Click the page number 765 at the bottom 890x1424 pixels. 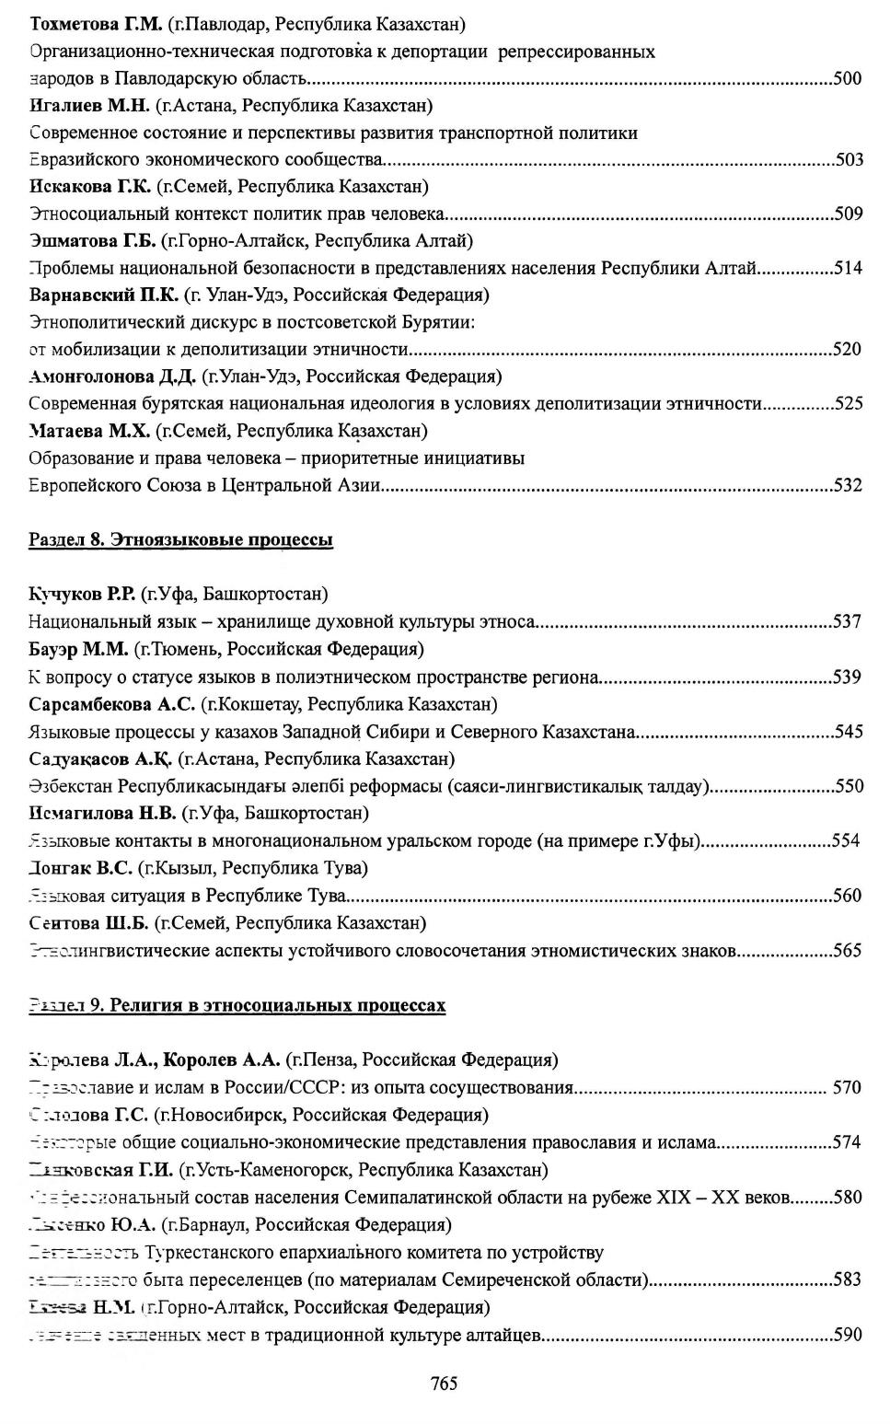[444, 1383]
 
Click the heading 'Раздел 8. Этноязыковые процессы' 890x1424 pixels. [180, 539]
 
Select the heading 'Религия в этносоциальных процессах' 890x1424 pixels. [277, 1005]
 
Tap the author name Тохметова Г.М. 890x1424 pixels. [95, 22]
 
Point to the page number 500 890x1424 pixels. [848, 78]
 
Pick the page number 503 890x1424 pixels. [849, 160]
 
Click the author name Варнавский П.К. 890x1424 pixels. [103, 295]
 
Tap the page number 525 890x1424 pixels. [848, 403]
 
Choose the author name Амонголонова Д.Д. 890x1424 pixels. [112, 376]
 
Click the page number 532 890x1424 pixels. [848, 485]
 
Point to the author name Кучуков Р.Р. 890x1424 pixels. [82, 595]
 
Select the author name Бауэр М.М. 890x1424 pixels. [78, 649]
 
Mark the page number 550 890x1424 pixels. [848, 786]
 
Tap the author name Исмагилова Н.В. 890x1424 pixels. [102, 813]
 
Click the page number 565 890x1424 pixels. [848, 950]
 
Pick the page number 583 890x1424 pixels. [848, 1279]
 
